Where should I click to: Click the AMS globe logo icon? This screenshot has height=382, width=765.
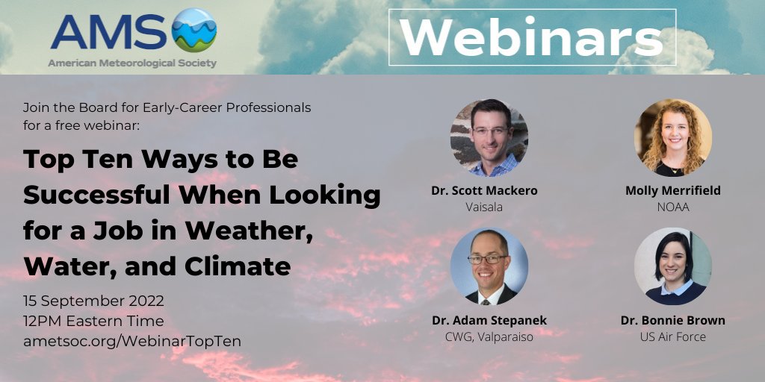[x=193, y=30]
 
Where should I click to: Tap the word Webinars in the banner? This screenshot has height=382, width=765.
[x=532, y=38]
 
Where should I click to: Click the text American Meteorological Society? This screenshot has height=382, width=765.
[x=132, y=63]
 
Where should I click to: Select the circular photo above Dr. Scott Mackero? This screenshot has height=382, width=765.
[x=489, y=137]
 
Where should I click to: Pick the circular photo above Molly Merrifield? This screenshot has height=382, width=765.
[x=672, y=137]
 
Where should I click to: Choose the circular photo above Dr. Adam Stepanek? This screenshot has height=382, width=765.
[x=489, y=266]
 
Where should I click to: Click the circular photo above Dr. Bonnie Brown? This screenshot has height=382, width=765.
[x=672, y=266]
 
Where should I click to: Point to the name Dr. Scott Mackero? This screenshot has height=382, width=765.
[x=484, y=190]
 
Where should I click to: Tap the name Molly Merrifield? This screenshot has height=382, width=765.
[x=672, y=190]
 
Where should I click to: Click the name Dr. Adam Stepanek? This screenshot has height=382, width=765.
[x=489, y=320]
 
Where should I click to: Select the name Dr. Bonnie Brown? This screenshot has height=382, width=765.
[x=672, y=320]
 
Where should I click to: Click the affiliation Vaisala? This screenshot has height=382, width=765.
[x=484, y=207]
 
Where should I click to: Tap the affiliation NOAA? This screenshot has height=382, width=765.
[x=672, y=207]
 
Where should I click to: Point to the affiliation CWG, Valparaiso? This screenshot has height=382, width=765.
[x=489, y=336]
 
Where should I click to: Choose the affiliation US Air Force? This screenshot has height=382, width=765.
[x=672, y=336]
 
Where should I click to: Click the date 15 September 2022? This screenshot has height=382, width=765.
[x=93, y=301]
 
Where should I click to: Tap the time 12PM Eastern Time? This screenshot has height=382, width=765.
[x=93, y=321]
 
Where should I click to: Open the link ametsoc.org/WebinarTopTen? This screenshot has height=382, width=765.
[x=132, y=340]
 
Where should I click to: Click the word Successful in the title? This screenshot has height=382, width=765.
[x=94, y=195]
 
